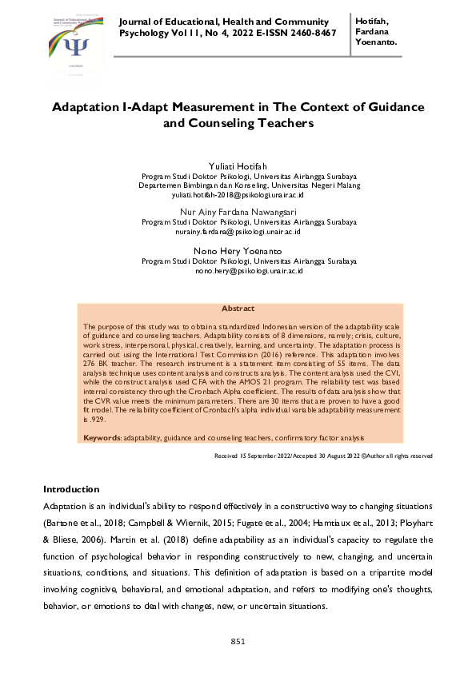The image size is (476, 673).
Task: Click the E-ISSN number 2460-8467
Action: click(x=309, y=33)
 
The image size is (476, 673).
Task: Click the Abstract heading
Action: click(x=238, y=309)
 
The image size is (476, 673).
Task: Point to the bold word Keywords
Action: click(x=102, y=438)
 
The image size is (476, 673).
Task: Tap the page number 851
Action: click(x=238, y=641)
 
